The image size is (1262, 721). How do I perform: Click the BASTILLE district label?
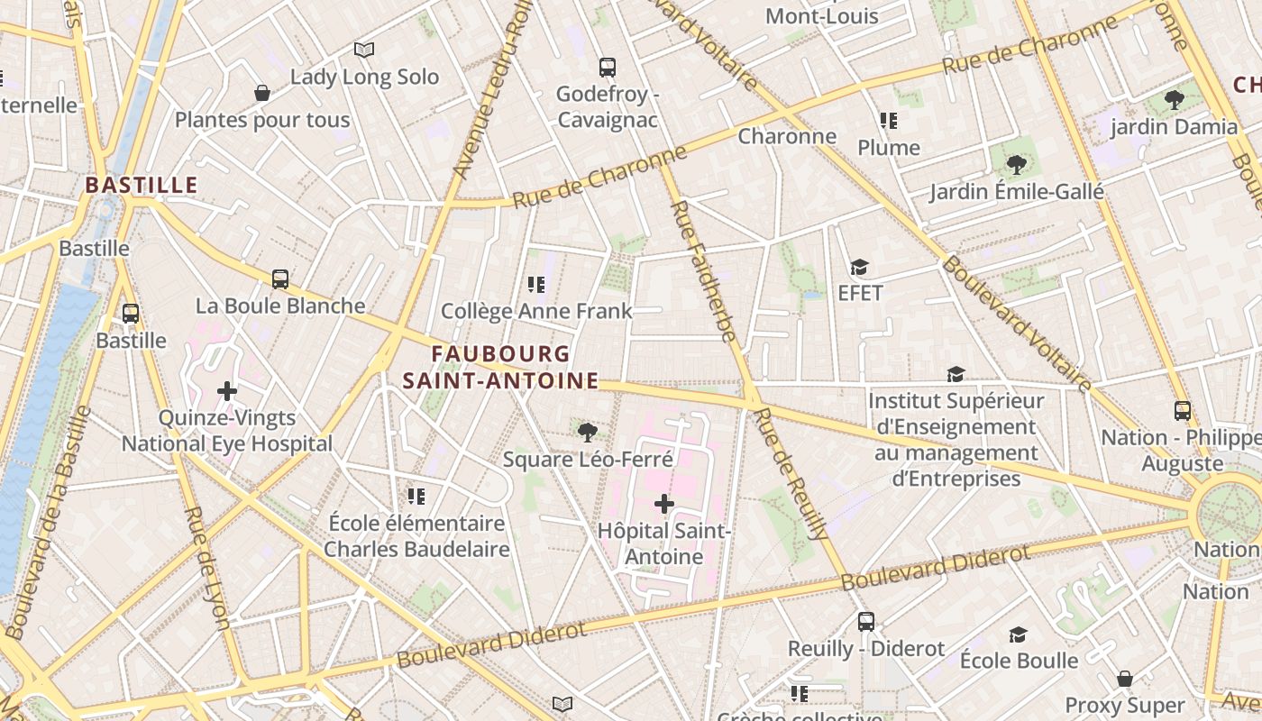(x=141, y=186)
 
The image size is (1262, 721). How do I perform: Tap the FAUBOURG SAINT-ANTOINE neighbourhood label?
(x=501, y=367)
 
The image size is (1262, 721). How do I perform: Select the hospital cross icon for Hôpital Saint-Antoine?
(x=664, y=504)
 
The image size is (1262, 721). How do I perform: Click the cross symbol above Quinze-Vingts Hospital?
(x=227, y=391)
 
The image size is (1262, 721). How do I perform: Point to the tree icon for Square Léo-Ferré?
(x=588, y=433)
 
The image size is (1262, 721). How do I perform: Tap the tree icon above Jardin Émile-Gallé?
(x=1017, y=165)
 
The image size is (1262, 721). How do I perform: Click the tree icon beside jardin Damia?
(x=1174, y=100)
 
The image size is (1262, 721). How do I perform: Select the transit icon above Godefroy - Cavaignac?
(x=608, y=67)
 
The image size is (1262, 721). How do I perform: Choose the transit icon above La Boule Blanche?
(x=280, y=279)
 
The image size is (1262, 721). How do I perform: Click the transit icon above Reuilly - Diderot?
(x=866, y=622)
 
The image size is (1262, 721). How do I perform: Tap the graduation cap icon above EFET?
(x=859, y=267)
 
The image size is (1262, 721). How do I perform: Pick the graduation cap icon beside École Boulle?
(x=1018, y=634)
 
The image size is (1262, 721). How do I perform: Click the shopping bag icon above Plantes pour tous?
(x=262, y=93)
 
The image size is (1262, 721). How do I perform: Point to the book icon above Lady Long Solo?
(x=364, y=50)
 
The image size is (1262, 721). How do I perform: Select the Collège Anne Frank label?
(x=536, y=312)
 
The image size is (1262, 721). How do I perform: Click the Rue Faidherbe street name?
(x=704, y=271)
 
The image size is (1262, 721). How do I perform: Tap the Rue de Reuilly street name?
(x=792, y=474)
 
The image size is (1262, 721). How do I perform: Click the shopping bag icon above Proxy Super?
(x=1125, y=679)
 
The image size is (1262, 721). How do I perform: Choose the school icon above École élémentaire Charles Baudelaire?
(x=416, y=496)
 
